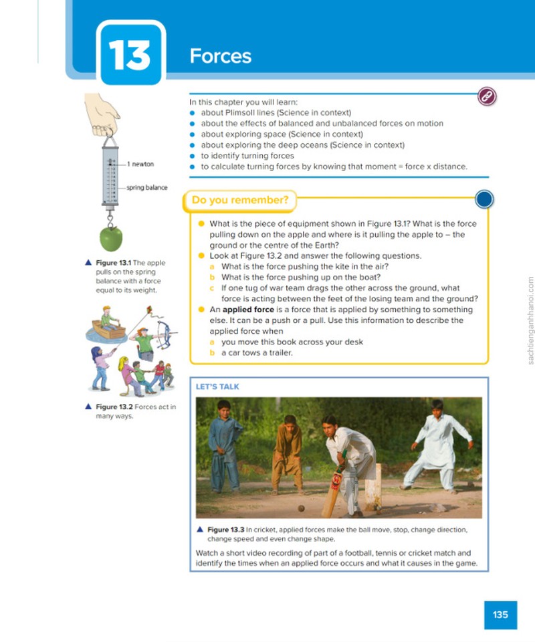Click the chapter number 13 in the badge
(130, 56)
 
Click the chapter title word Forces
(220, 56)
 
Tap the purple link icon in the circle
(487, 96)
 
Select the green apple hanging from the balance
(111, 238)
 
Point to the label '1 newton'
(140, 165)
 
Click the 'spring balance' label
(147, 187)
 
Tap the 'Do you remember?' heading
(240, 200)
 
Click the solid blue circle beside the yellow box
(484, 199)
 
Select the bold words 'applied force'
(248, 310)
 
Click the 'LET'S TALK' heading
(217, 387)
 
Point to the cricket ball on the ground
(301, 508)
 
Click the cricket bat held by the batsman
(332, 494)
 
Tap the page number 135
(500, 615)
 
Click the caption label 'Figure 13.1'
(114, 263)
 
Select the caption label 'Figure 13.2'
(114, 407)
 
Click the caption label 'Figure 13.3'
(225, 530)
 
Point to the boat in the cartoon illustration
(108, 330)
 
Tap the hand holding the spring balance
(101, 114)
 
